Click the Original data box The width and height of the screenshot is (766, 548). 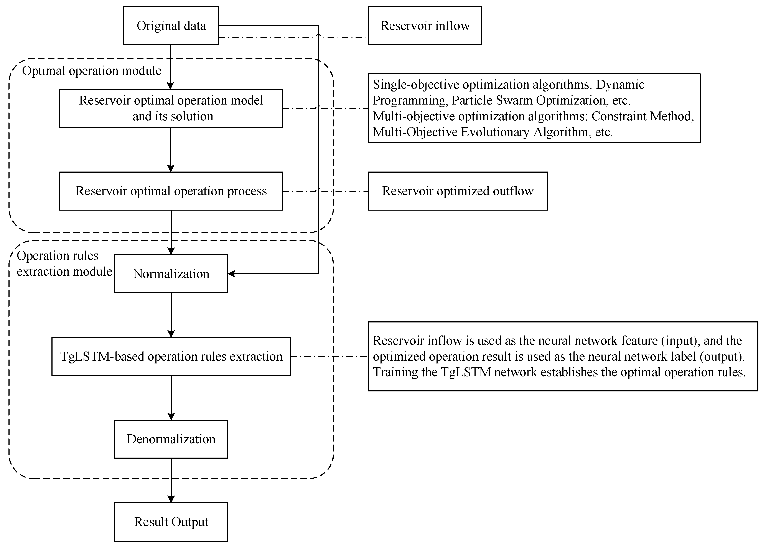pos(171,26)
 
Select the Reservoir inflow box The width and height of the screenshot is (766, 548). pos(425,26)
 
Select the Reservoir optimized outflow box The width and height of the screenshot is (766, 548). pos(457,191)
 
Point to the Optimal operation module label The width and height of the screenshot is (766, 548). pos(92,70)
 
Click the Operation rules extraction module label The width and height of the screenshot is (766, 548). pos(64,263)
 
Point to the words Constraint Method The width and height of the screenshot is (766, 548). pos(642,116)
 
